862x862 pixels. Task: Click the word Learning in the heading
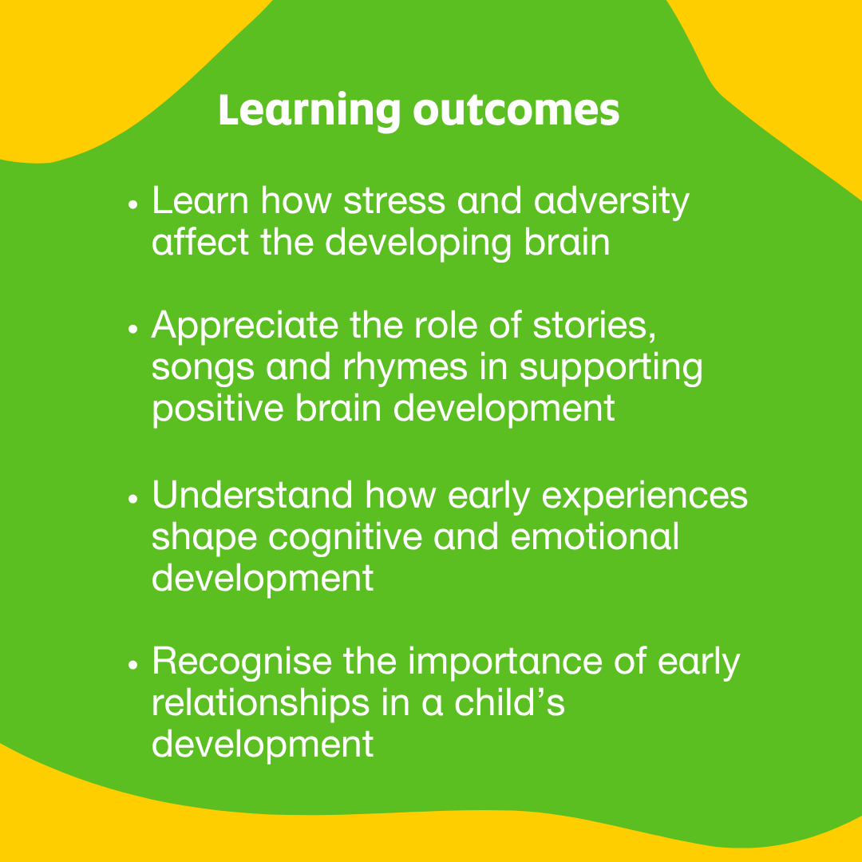[308, 113]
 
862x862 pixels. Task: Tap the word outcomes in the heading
[516, 113]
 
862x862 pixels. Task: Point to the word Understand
[252, 495]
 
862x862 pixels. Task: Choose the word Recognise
[241, 662]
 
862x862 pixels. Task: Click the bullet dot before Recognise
[133, 665]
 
